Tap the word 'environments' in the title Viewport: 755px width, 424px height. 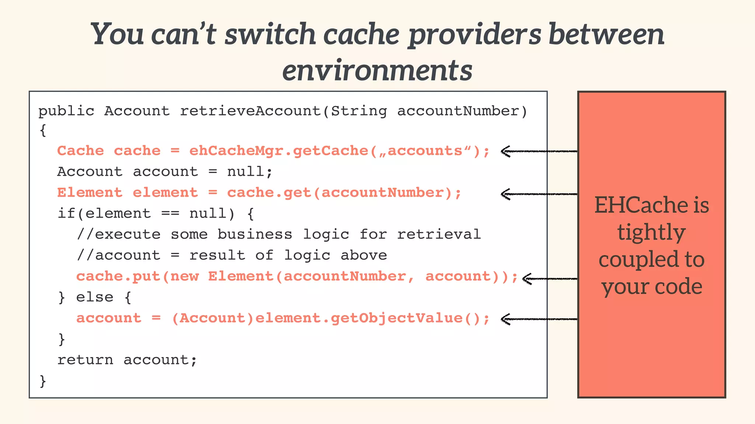point(377,71)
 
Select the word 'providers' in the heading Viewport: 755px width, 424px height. point(475,35)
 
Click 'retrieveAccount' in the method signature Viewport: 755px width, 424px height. point(251,111)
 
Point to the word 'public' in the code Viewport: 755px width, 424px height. point(66,111)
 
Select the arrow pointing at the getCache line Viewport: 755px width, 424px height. point(538,151)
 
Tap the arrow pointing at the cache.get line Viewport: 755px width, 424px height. point(538,194)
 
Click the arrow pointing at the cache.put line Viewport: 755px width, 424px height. point(549,279)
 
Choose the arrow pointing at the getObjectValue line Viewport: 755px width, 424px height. point(538,319)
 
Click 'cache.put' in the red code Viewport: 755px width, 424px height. point(118,276)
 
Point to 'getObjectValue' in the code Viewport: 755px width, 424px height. point(396,318)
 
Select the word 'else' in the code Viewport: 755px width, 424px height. point(95,297)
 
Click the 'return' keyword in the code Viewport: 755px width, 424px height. point(85,360)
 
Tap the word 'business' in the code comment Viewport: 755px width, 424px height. point(254,234)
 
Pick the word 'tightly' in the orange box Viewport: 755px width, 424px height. point(651,233)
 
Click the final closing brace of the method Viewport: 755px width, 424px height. point(43,381)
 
